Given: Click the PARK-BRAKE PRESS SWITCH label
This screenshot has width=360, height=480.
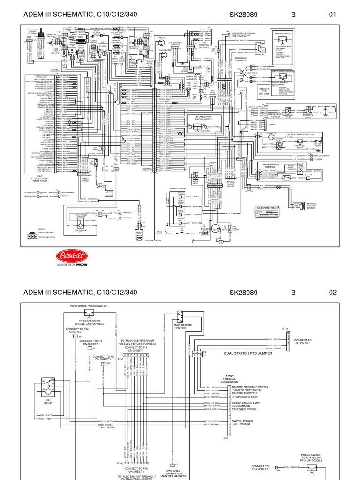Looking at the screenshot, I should tap(89, 305).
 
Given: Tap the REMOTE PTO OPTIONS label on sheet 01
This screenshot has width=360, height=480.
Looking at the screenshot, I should tap(265, 90).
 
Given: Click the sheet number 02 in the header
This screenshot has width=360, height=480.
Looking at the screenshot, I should tap(333, 292).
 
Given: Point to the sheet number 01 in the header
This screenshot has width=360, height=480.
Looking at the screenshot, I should tap(333, 15).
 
